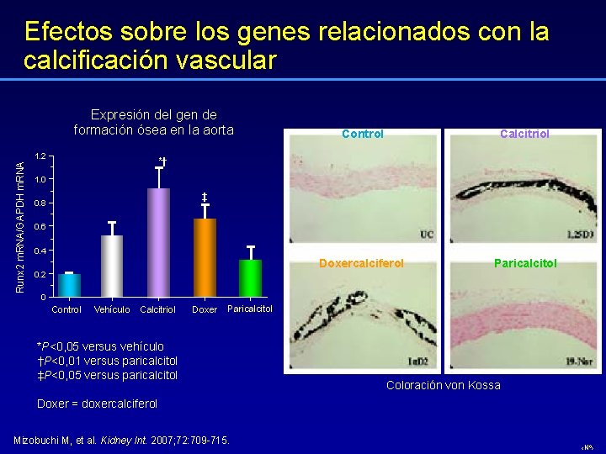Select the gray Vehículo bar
point(112,267)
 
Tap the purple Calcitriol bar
point(158,242)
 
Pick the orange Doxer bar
point(205,257)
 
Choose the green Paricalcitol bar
point(250,278)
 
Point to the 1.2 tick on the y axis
point(40,156)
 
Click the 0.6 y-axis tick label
point(40,227)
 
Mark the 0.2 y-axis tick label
point(40,275)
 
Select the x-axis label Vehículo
point(112,309)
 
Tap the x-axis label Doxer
point(205,309)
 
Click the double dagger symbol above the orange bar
point(205,197)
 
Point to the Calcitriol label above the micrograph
point(524,134)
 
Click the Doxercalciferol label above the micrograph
point(361,263)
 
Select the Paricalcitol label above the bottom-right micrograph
point(525,263)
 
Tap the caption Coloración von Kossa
point(443,385)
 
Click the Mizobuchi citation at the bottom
point(123,441)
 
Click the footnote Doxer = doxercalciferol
point(97,404)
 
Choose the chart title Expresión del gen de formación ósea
point(153,122)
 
